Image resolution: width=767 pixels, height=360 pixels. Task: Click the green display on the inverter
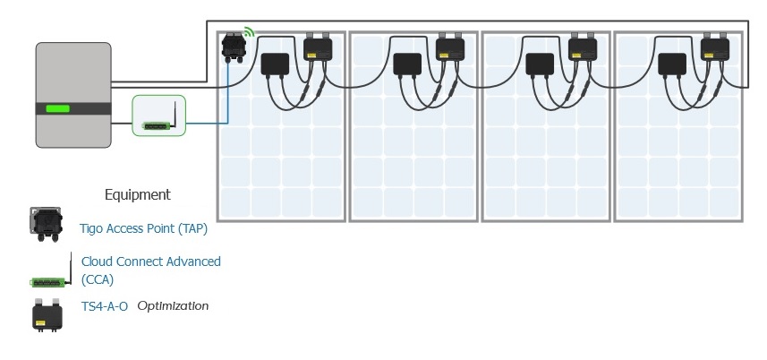click(58, 109)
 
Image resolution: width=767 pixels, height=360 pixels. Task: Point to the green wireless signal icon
click(249, 34)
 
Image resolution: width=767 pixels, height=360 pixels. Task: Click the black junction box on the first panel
click(274, 64)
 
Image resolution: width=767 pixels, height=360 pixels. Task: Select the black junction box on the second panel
click(407, 64)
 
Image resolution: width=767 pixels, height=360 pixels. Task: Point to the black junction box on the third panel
click(540, 64)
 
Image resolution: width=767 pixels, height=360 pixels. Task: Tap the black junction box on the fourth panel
click(672, 64)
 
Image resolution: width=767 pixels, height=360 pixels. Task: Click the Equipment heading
click(137, 194)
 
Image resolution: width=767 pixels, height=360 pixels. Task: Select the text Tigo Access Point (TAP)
click(143, 229)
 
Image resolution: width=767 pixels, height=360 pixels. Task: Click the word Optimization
click(173, 306)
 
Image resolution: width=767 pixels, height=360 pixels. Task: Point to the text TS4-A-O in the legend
click(104, 306)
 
